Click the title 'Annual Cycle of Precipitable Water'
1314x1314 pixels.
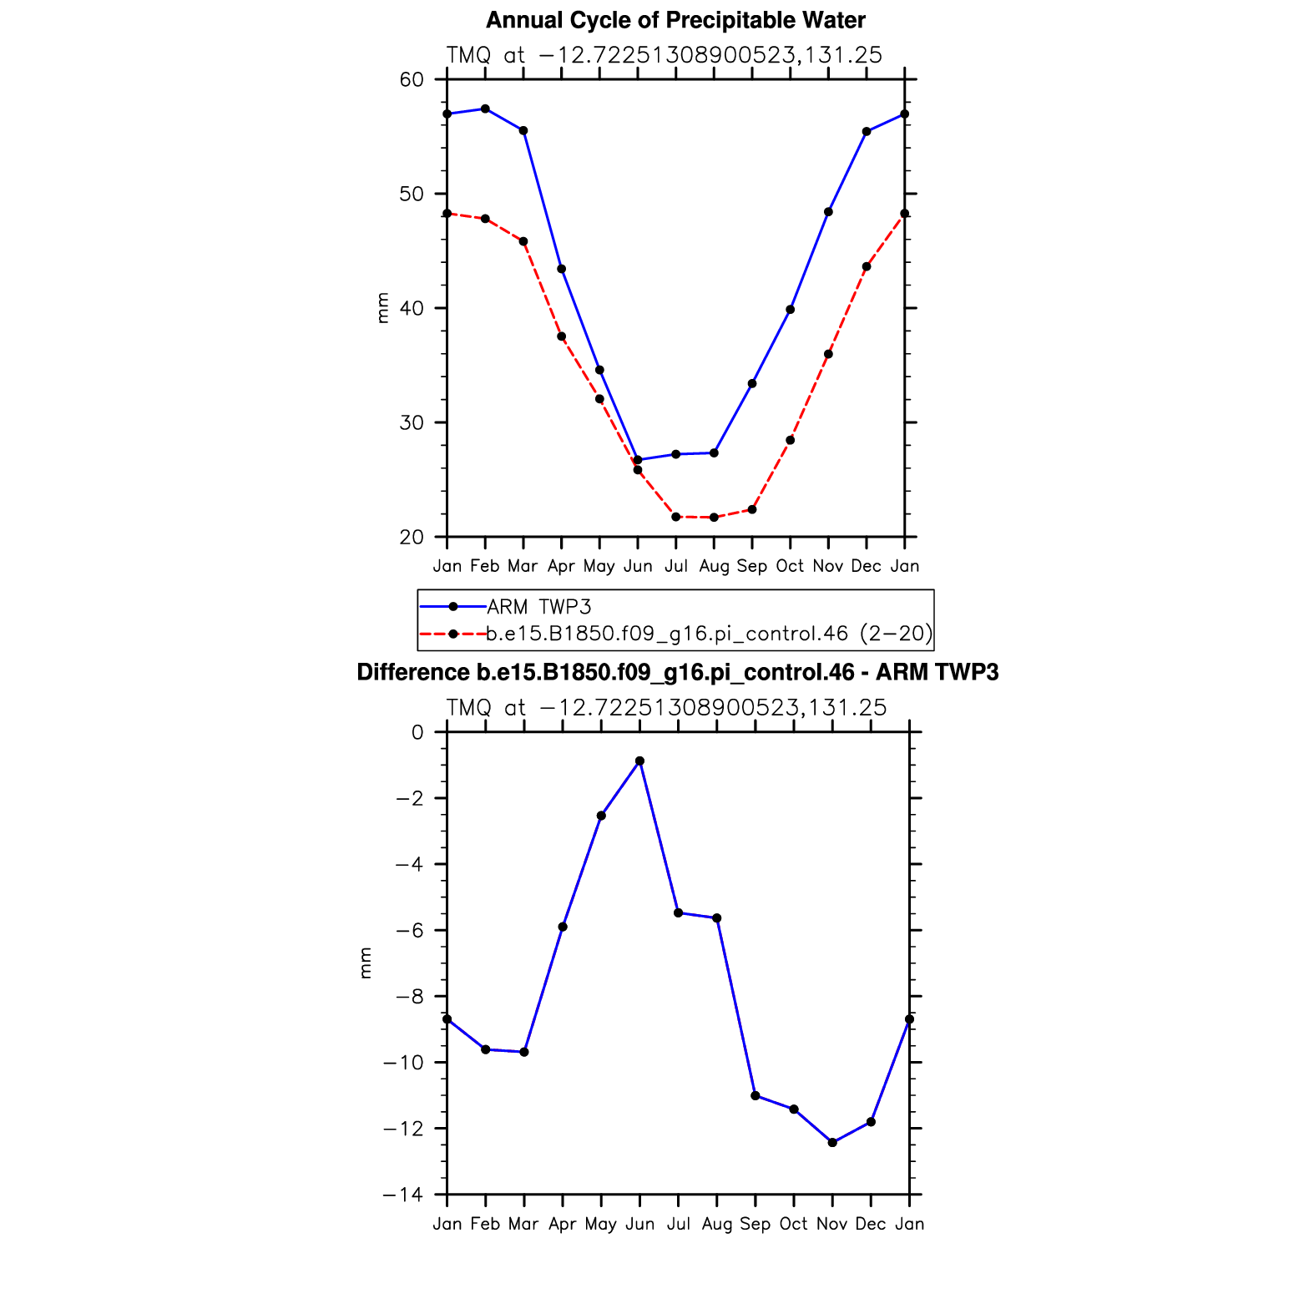click(x=675, y=20)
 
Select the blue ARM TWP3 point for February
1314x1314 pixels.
click(x=485, y=109)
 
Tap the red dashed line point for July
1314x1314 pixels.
click(x=675, y=517)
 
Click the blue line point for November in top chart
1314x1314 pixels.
click(x=828, y=212)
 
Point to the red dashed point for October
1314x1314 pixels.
click(x=791, y=440)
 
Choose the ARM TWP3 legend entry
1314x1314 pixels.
click(x=538, y=607)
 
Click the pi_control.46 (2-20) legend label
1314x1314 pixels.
click(x=709, y=634)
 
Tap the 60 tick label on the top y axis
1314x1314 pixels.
click(x=412, y=80)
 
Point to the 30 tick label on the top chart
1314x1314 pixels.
click(x=412, y=422)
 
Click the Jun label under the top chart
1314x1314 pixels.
click(x=638, y=566)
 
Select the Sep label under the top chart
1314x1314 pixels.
click(x=752, y=566)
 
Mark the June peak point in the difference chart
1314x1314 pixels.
click(x=639, y=761)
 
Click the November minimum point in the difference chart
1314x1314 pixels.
click(x=832, y=1142)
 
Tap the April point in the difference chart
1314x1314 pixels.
click(x=563, y=927)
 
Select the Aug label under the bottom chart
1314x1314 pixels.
click(x=716, y=1224)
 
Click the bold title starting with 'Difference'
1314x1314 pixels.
click(x=677, y=673)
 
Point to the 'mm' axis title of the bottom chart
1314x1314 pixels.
click(x=365, y=963)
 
